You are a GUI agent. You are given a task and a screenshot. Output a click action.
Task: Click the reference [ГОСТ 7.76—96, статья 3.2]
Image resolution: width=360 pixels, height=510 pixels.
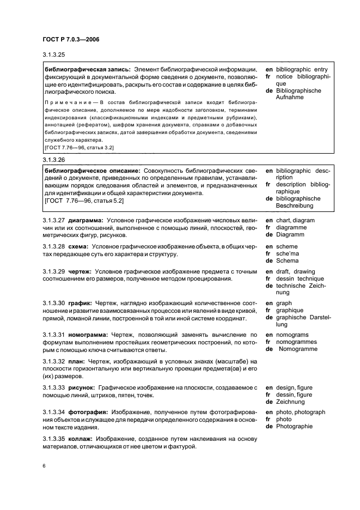click(x=78, y=148)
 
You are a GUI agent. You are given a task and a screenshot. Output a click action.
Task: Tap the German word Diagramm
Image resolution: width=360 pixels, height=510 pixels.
click(x=290, y=235)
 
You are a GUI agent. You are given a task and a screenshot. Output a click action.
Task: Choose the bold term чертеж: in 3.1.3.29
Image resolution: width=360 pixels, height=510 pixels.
click(x=80, y=271)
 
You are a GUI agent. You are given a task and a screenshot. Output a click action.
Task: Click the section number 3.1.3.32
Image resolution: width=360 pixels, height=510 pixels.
click(x=54, y=361)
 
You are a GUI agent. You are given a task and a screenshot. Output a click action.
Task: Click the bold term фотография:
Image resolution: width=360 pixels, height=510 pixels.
click(x=88, y=412)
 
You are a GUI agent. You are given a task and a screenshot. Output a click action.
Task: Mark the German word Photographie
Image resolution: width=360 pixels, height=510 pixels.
click(x=295, y=427)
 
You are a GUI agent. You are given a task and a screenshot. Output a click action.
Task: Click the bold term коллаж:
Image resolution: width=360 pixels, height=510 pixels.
click(x=82, y=439)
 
